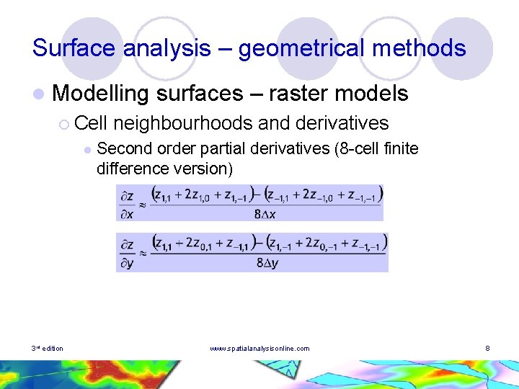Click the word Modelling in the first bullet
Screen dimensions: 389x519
pyautogui.click(x=101, y=93)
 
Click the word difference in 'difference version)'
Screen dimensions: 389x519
pyautogui.click(x=132, y=169)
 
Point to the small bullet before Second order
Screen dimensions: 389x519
pyautogui.click(x=86, y=150)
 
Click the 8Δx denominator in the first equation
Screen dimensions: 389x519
pyautogui.click(x=265, y=214)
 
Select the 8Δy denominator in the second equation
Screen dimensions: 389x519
pyautogui.click(x=267, y=264)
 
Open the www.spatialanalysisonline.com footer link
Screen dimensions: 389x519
pyautogui.click(x=259, y=349)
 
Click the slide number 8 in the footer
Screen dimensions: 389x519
pyautogui.click(x=488, y=349)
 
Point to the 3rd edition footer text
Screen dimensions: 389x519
pyautogui.click(x=48, y=349)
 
